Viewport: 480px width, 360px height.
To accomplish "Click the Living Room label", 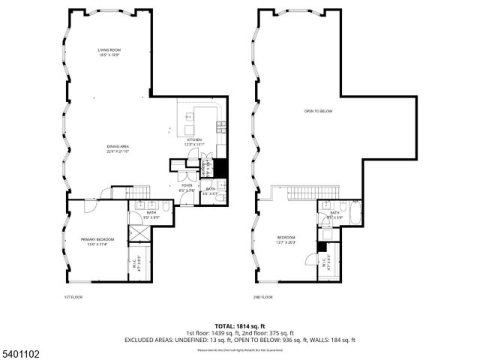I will (109, 52).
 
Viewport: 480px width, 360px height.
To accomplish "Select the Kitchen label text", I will (193, 142).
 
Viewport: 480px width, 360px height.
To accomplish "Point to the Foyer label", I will (186, 187).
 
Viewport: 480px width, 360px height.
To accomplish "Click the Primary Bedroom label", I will (100, 241).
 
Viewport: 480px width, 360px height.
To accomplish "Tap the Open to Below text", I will (318, 111).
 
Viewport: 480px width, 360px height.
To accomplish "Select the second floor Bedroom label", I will (286, 240).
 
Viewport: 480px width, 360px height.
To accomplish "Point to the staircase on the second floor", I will (304, 193).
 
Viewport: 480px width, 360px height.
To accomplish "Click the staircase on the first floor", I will (120, 193).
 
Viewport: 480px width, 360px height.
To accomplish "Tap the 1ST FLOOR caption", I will (73, 297).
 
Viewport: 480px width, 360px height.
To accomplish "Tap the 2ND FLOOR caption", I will (263, 297).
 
